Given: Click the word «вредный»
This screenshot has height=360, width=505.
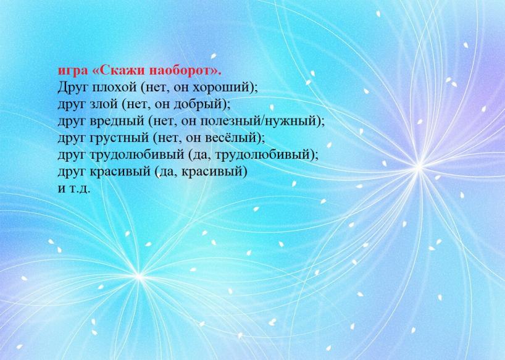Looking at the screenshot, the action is point(118,121).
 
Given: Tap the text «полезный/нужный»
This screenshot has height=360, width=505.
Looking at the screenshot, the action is point(258,122).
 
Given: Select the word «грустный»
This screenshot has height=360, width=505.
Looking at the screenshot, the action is point(120,138).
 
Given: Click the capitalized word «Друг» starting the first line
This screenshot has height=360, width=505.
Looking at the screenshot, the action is point(73,88).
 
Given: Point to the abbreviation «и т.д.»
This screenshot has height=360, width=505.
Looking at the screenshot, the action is point(74,188).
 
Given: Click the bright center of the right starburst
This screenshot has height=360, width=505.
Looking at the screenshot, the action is point(419,167).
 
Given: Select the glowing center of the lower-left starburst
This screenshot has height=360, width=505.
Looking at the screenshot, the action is point(139,276).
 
